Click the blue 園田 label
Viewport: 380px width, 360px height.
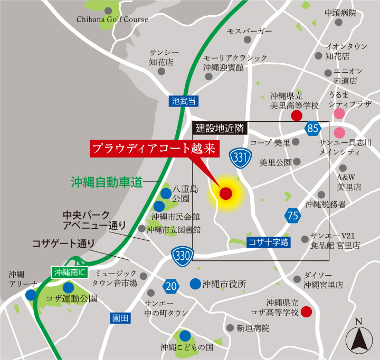(120, 318)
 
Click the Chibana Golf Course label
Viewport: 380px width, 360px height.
(113, 20)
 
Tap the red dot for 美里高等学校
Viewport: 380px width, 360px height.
(297, 115)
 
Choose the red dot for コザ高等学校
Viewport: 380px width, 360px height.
(306, 312)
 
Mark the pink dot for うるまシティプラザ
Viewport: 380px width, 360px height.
(339, 113)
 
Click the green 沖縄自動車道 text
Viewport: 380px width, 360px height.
(107, 182)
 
